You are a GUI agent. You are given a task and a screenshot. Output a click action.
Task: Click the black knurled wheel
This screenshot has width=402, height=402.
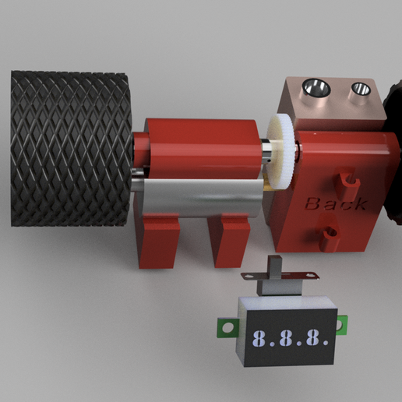(71, 148)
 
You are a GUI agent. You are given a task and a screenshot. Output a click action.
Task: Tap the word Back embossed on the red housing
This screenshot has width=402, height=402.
(336, 203)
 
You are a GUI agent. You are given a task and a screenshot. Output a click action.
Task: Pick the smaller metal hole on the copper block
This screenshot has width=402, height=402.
(361, 89)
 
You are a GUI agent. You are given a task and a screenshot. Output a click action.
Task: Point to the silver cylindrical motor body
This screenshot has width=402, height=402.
(200, 197)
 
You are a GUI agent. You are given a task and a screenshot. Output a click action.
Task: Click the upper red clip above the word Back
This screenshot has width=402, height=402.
(347, 183)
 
